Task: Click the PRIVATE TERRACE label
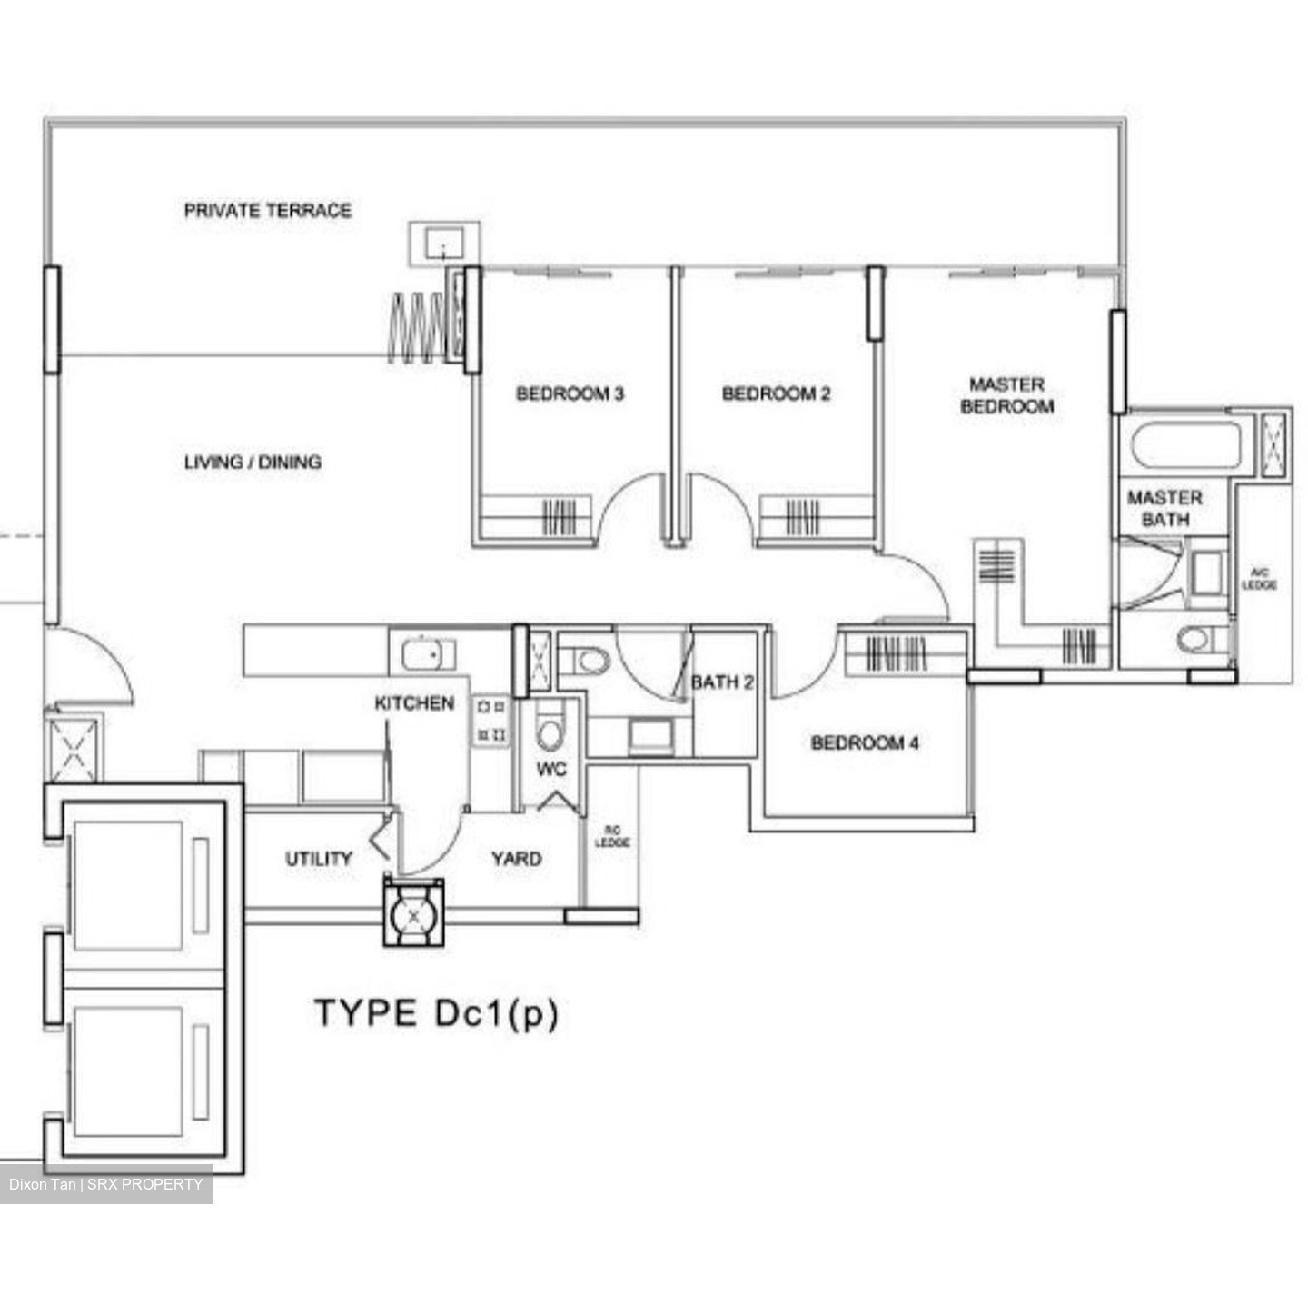point(267,211)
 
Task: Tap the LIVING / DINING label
point(253,463)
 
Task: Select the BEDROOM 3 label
point(570,393)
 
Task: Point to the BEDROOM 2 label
point(776,393)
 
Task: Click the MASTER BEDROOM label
point(1006,395)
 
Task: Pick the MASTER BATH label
point(1164,508)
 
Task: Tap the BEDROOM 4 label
point(865,743)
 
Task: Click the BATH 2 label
point(722,682)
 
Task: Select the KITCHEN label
point(414,703)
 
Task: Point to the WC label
point(550,769)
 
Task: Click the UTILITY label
point(319,859)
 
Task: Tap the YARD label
point(516,859)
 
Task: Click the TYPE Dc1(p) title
point(436,1013)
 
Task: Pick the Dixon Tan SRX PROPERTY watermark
point(106,1184)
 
